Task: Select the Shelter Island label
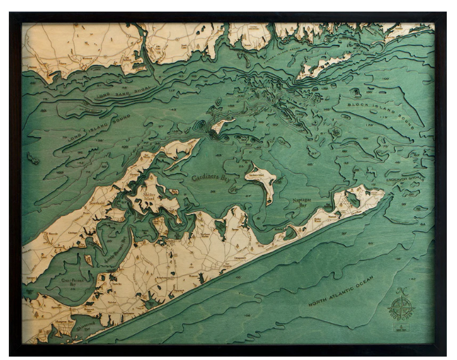pos(159,194)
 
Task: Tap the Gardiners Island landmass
pos(261,179)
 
